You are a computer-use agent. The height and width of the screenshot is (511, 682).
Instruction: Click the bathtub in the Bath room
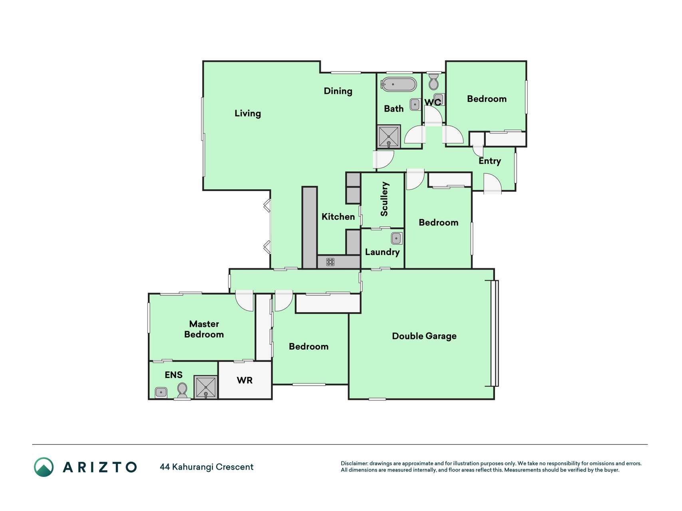pyautogui.click(x=398, y=84)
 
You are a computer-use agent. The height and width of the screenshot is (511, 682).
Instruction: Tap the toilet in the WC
pyautogui.click(x=433, y=82)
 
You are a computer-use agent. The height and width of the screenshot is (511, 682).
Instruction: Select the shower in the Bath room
pyautogui.click(x=388, y=137)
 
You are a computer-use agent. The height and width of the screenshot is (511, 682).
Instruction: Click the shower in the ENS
pyautogui.click(x=206, y=387)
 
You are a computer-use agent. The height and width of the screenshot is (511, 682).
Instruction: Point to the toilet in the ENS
pyautogui.click(x=182, y=390)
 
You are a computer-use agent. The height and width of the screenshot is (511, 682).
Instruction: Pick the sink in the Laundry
pyautogui.click(x=396, y=238)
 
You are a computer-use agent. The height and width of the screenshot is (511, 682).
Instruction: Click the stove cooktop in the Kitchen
pyautogui.click(x=330, y=262)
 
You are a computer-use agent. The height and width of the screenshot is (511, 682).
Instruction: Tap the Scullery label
pyautogui.click(x=384, y=199)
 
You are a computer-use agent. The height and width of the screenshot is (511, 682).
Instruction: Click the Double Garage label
pyautogui.click(x=424, y=336)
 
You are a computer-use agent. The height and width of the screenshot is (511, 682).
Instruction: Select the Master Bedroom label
pyautogui.click(x=204, y=329)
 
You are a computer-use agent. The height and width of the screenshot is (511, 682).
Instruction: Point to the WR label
pyautogui.click(x=245, y=380)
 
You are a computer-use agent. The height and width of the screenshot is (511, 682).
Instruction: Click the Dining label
pyautogui.click(x=338, y=91)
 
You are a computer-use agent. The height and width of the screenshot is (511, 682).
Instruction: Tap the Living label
pyautogui.click(x=248, y=113)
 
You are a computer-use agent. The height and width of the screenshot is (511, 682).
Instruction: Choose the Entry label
pyautogui.click(x=490, y=161)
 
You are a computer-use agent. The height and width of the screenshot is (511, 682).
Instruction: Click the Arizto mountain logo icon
pyautogui.click(x=44, y=467)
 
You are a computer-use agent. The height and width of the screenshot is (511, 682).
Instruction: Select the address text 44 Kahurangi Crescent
pyautogui.click(x=207, y=467)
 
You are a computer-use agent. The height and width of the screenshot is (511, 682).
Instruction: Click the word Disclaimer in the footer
pyautogui.click(x=354, y=463)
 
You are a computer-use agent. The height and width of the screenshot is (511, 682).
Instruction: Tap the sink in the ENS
pyautogui.click(x=161, y=392)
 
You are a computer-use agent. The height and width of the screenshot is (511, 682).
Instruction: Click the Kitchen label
pyautogui.click(x=338, y=217)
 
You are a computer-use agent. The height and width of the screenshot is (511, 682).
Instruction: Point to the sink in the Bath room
pyautogui.click(x=415, y=105)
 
